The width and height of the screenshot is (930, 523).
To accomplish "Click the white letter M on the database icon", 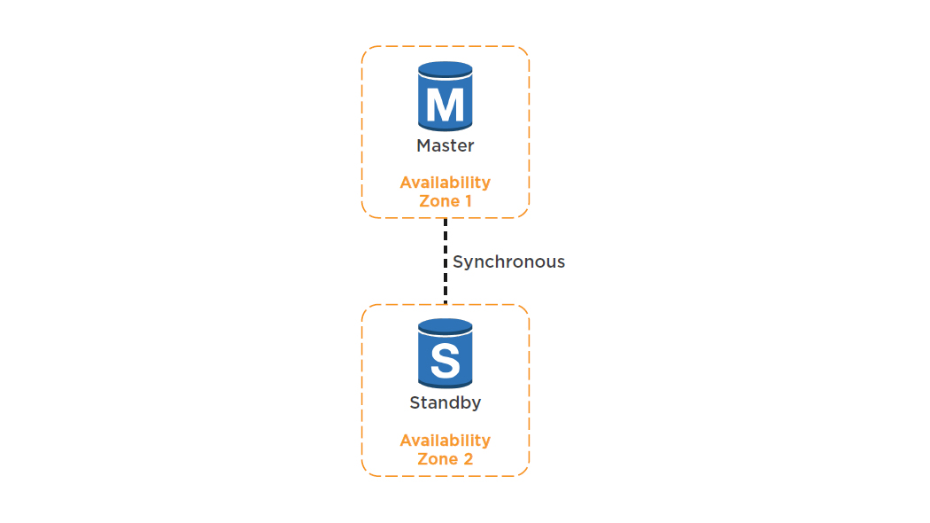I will (x=445, y=105).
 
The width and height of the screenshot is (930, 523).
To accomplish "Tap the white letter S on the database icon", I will (x=445, y=362).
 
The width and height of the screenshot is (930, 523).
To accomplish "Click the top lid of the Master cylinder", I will (x=445, y=68).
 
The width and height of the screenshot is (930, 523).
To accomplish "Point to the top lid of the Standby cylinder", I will (x=445, y=324).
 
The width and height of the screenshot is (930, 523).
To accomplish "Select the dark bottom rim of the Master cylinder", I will (x=445, y=127).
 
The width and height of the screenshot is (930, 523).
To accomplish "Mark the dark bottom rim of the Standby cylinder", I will (x=445, y=384).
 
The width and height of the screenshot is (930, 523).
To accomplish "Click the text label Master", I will (x=445, y=145).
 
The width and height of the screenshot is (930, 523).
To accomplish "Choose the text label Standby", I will (x=445, y=402).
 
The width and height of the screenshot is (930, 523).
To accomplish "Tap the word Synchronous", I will (x=508, y=261).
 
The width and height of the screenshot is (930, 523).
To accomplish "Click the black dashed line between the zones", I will (x=445, y=261).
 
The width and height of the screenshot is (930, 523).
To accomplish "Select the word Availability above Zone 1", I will (x=445, y=183).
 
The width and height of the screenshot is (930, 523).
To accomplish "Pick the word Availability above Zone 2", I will (x=445, y=441).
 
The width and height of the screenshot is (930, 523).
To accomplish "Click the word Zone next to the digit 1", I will (x=438, y=201).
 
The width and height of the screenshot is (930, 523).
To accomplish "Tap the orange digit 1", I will (x=467, y=201).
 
